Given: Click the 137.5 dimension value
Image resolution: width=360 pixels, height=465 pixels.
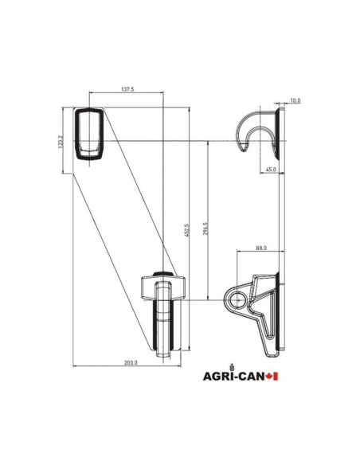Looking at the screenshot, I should [x=127, y=90].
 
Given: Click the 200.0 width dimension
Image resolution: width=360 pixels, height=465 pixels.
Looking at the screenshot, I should [x=131, y=362].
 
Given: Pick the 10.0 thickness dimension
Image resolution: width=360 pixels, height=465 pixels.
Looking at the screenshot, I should [x=294, y=100].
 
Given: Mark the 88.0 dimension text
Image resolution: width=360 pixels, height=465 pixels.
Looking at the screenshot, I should [x=260, y=248].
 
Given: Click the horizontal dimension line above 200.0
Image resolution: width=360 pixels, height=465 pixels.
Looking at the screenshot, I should [x=119, y=367].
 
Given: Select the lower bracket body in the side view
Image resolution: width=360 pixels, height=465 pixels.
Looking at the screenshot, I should [x=263, y=311].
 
